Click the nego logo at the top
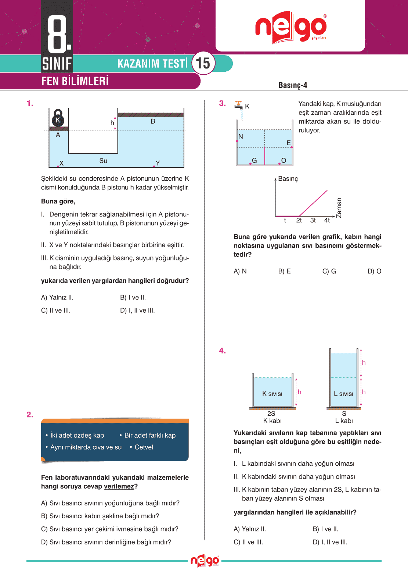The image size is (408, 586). click(x=290, y=27)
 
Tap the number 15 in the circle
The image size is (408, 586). click(x=203, y=63)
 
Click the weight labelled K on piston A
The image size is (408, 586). click(x=58, y=119)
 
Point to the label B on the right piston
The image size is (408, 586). click(x=153, y=121)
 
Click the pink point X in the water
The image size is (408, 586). click(x=58, y=166)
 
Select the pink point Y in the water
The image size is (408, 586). click(x=154, y=166)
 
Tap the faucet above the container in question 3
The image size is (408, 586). click(x=239, y=105)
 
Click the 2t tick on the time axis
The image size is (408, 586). click(x=299, y=220)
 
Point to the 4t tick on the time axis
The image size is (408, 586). click(x=327, y=220)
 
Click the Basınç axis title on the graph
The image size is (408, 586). click(x=288, y=179)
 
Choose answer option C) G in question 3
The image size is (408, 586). click(x=329, y=271)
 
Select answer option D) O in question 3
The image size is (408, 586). click(x=374, y=271)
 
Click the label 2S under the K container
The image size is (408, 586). click(x=271, y=413)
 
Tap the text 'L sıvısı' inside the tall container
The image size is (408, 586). click(x=343, y=394)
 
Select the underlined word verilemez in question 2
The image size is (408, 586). click(x=119, y=486)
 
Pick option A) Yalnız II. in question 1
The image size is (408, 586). click(x=57, y=298)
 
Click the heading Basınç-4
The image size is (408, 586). click(x=293, y=85)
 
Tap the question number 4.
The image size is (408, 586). click(x=222, y=351)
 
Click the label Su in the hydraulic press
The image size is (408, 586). click(x=103, y=161)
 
